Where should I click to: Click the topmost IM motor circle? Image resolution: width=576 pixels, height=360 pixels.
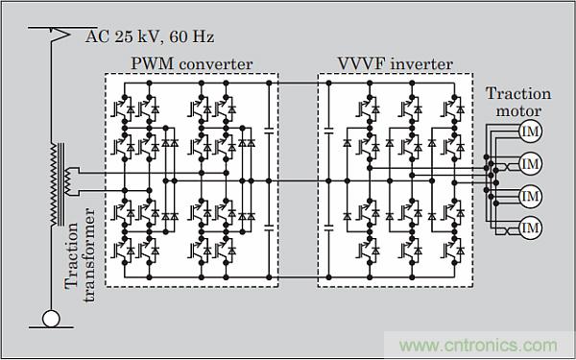coord(531,132)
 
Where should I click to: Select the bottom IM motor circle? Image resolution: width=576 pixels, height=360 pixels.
coord(531,228)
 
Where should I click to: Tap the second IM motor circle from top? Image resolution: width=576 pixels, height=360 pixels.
coord(531,164)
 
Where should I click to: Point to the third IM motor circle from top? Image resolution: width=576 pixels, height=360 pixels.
coord(531,196)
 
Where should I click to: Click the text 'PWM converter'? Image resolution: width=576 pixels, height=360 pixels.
coord(192,63)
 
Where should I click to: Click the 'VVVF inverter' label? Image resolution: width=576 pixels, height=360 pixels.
coord(396,63)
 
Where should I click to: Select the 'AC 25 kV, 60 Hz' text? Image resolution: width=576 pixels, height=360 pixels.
coord(150,37)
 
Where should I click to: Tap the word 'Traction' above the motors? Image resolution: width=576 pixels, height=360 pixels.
coord(518,93)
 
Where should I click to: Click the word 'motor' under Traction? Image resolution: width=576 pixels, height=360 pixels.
coord(518,110)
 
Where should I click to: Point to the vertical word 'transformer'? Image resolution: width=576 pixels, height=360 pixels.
coord(89,254)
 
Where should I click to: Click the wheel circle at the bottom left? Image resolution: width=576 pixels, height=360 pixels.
coord(51,318)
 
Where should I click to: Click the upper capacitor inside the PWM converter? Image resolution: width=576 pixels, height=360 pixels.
coord(269,131)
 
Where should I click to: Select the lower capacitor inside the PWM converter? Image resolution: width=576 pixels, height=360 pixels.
coord(269,228)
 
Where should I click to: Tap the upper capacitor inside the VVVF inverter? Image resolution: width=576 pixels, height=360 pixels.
coord(328,131)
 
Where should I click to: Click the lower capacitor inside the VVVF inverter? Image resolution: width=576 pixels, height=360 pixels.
coord(328,228)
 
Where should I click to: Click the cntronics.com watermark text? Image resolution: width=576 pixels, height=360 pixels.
coord(478,346)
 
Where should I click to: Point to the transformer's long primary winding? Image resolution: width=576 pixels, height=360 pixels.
coord(54,184)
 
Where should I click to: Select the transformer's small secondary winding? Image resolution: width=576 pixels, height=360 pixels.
coord(67,181)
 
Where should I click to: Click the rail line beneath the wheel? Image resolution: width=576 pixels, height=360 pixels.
coord(51,327)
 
